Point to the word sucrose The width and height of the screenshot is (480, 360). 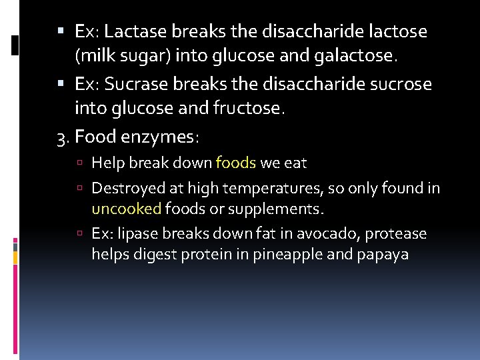point(399,85)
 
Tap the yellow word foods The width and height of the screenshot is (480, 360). point(235,163)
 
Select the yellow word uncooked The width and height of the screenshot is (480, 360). point(127,209)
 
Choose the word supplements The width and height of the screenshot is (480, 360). point(275,209)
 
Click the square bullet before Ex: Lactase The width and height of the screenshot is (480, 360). point(61,31)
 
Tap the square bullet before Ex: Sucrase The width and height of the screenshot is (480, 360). point(61,85)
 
